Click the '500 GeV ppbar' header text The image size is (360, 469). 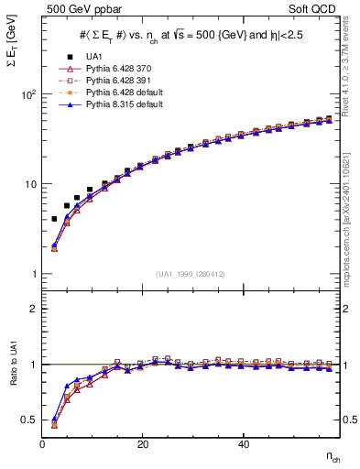pos(80,10)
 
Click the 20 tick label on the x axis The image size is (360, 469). pos(143,444)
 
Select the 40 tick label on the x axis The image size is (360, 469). pos(243,444)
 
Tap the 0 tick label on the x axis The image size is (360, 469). pos(43,444)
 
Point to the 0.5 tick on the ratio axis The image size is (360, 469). pos(31,420)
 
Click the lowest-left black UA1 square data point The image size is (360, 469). pos(54,219)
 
